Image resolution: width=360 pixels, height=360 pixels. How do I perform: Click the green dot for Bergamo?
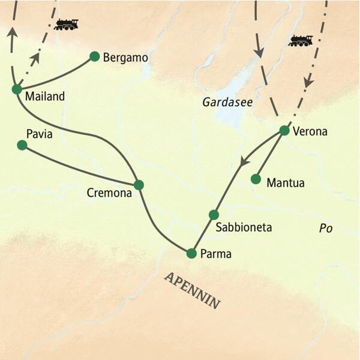tap(94, 56)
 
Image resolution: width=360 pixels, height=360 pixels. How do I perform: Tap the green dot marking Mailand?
tap(17, 89)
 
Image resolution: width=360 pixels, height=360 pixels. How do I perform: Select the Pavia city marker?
tap(22, 145)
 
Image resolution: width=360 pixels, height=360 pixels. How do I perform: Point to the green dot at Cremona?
tap(139, 185)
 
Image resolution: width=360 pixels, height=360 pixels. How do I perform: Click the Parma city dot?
tap(191, 253)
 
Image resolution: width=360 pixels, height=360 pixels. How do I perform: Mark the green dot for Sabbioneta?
tap(214, 215)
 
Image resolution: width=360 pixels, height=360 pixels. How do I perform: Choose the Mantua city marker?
tap(256, 179)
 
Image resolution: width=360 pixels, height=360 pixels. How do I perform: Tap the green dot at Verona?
tap(284, 130)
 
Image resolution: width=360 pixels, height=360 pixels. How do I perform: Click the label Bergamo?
tap(125, 58)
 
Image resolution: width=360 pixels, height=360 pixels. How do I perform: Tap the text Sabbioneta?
tap(244, 228)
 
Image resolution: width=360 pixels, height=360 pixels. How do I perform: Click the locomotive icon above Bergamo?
tap(66, 25)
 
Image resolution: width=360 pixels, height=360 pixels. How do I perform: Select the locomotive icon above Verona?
tap(300, 41)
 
